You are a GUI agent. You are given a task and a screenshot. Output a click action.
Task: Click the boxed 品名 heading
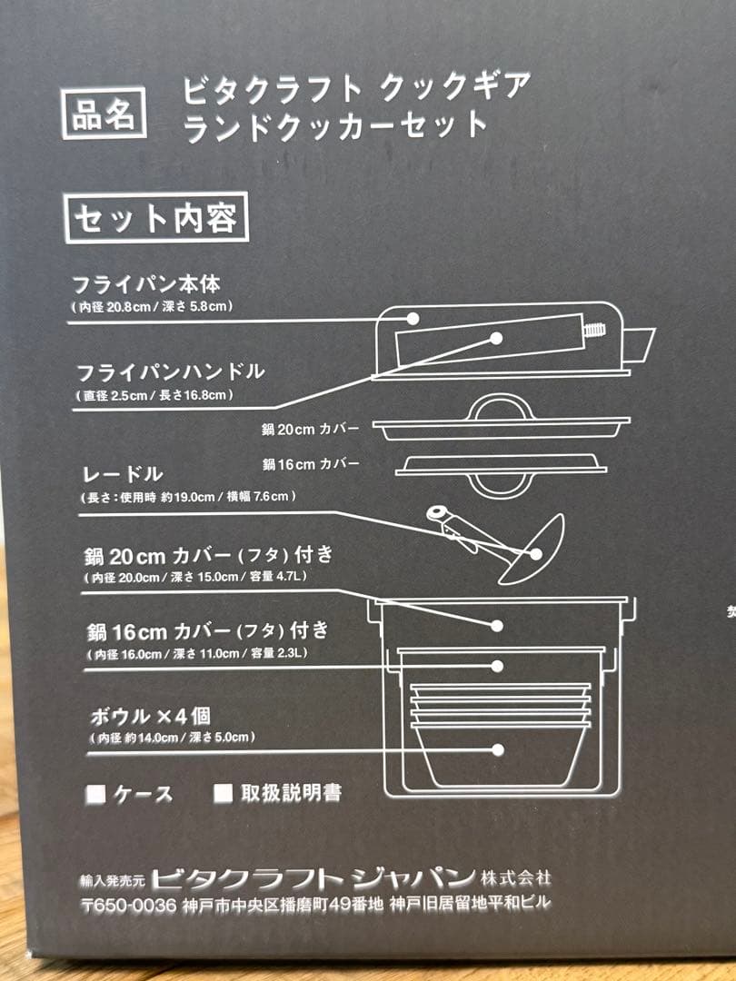[104, 114]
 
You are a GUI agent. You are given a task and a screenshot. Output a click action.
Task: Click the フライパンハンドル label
[171, 371]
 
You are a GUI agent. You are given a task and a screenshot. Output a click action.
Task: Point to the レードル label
[120, 473]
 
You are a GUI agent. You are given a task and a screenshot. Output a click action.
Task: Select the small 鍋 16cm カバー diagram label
[311, 465]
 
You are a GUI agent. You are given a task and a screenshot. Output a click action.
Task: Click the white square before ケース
[95, 794]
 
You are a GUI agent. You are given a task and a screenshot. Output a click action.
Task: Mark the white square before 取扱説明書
[223, 793]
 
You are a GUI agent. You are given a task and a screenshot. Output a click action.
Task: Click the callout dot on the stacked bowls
[497, 749]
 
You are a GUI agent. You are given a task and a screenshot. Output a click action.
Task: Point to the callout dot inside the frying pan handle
[496, 338]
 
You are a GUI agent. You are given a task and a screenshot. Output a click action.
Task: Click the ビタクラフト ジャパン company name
[313, 878]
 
